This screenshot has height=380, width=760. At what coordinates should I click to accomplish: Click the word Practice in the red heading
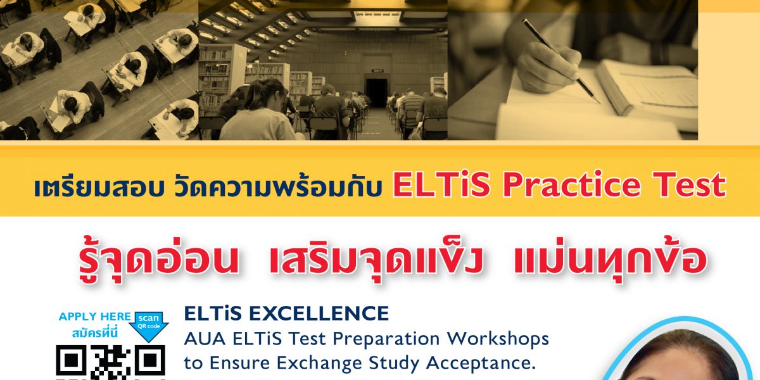pyautogui.click(x=571, y=185)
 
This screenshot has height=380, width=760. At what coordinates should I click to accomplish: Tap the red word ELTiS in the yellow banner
pyautogui.click(x=441, y=184)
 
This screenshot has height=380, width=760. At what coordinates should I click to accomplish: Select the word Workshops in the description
pyautogui.click(x=498, y=338)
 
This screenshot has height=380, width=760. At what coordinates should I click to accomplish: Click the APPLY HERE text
pyautogui.click(x=94, y=317)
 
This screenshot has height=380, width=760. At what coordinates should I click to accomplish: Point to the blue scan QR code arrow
pyautogui.click(x=149, y=326)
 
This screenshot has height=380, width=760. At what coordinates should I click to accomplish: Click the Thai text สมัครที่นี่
pyautogui.click(x=94, y=334)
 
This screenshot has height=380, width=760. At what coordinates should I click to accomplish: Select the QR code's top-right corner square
pyautogui.click(x=149, y=360)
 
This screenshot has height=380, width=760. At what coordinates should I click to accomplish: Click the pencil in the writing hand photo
pyautogui.click(x=561, y=61)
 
